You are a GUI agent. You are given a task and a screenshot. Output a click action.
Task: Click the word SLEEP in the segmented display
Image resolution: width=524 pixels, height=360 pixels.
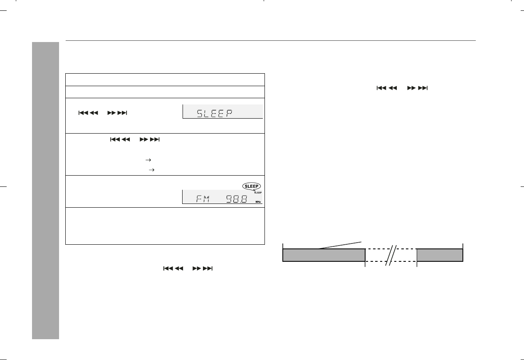[215, 114]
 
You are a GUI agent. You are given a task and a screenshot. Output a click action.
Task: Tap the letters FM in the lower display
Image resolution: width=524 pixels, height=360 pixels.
[203, 199]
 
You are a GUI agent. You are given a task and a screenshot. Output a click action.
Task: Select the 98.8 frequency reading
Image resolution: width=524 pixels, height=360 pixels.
[237, 199]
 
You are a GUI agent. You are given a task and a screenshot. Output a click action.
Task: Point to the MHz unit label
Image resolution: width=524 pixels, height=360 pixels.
[258, 202]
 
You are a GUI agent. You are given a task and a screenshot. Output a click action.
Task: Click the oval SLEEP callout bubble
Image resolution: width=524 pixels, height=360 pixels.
[252, 186]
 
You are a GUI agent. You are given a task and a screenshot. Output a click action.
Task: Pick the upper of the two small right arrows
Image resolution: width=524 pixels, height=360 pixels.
[148, 160]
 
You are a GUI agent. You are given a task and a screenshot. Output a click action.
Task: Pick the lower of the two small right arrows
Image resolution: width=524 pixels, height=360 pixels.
[151, 170]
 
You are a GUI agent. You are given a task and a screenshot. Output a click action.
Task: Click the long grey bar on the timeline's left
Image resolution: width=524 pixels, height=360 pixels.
[324, 255]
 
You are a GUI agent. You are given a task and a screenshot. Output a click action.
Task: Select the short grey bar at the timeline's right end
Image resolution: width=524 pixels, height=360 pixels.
[440, 255]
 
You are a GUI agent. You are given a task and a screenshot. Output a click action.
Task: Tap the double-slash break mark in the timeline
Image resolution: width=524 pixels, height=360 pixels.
[391, 256]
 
